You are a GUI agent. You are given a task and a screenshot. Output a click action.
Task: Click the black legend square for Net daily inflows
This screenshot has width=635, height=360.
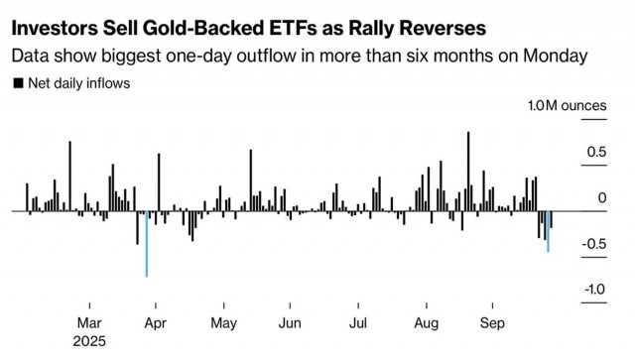pyautogui.click(x=18, y=83)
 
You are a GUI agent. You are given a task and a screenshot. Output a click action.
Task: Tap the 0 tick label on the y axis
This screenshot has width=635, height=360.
pyautogui.click(x=601, y=197)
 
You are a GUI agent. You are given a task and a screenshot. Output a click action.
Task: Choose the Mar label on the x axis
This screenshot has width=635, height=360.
pyautogui.click(x=88, y=323)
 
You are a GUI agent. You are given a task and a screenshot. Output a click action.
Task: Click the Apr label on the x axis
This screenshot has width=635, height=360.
pyautogui.click(x=156, y=323)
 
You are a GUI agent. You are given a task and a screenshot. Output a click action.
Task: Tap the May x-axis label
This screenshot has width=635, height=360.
pyautogui.click(x=223, y=323)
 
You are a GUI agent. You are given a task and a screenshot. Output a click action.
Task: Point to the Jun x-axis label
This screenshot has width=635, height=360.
pyautogui.click(x=290, y=323)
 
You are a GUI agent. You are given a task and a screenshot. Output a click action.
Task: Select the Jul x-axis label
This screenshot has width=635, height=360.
pyautogui.click(x=358, y=323)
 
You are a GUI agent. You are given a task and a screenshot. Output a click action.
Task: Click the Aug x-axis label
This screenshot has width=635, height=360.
pyautogui.click(x=427, y=323)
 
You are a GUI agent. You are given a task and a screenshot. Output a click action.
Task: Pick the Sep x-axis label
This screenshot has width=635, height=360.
pyautogui.click(x=493, y=323)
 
